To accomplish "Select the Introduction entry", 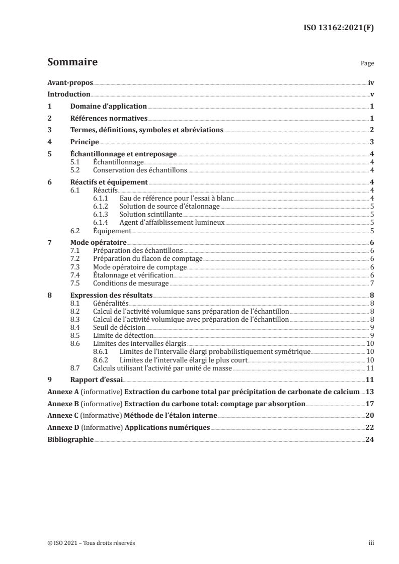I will (68, 94).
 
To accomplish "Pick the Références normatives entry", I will (108, 118).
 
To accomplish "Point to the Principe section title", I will (84, 142).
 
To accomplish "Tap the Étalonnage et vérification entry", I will (133, 275).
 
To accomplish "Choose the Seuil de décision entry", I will (120, 327).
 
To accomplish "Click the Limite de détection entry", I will (123, 335).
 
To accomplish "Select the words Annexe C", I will (62, 416).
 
